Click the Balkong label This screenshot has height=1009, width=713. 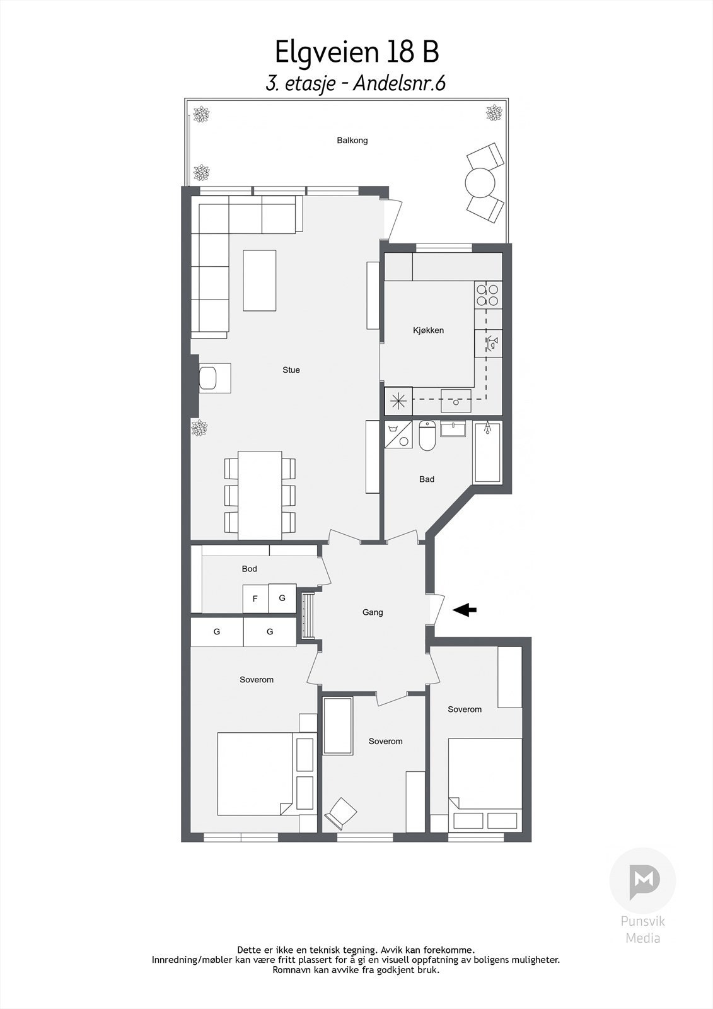coord(352,141)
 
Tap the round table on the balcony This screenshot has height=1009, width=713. coord(480,183)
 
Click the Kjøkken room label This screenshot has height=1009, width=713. coord(428,330)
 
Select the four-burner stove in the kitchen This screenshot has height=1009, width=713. coord(488,295)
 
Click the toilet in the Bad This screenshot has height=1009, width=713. coord(427,438)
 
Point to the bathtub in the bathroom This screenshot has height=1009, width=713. coord(488,452)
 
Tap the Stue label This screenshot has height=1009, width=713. coord(291,370)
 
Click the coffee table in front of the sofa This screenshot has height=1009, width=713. coord(260,281)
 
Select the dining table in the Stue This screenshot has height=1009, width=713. coord(260,494)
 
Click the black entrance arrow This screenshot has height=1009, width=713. coord(465,610)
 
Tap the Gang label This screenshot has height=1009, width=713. coord(373,612)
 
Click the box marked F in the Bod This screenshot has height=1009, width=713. coord(255,598)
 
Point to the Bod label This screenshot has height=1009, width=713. coord(249,569)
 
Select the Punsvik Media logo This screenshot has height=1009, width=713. coord(642,881)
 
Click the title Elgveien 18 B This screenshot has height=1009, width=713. coord(356,52)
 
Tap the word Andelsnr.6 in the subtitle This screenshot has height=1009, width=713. coord(399,84)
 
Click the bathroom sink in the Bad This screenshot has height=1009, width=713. coord(454,429)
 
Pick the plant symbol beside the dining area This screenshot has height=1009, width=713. coord(200,429)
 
